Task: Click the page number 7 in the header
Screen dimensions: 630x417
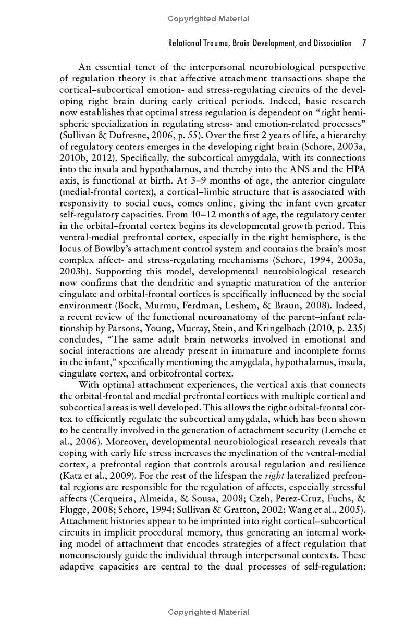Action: pos(364,43)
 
